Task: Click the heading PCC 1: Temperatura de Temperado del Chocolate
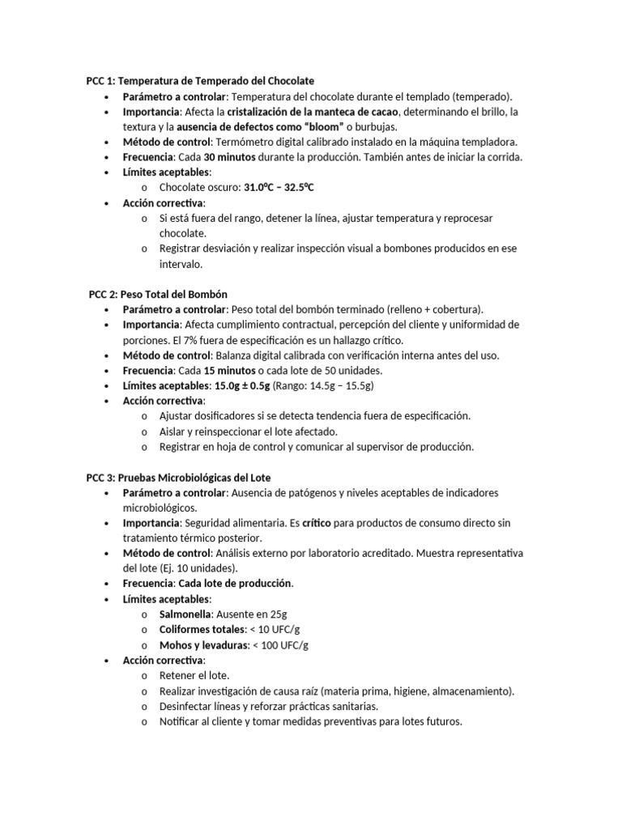(200, 81)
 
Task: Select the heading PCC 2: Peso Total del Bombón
(164, 294)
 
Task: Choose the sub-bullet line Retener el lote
(194, 675)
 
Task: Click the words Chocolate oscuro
(198, 188)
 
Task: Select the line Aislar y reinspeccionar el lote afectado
(248, 432)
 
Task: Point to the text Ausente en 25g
(252, 614)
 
